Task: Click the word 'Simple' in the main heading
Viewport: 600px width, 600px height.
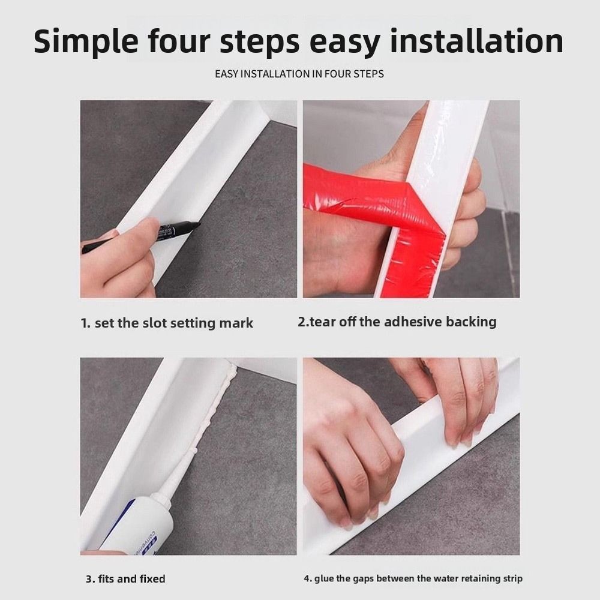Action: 86,41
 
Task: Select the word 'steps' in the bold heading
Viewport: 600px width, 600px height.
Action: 259,42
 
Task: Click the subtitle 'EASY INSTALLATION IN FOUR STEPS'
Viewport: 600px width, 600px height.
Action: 299,73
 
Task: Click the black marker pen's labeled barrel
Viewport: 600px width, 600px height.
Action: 173,231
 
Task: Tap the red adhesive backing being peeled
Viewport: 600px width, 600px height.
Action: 383,214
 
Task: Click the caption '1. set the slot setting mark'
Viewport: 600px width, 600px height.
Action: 167,323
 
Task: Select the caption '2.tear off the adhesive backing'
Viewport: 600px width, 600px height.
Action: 397,322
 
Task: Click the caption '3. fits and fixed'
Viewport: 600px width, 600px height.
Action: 125,578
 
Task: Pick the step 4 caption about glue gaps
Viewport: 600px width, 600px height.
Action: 413,578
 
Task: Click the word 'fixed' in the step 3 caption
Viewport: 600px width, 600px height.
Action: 152,578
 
